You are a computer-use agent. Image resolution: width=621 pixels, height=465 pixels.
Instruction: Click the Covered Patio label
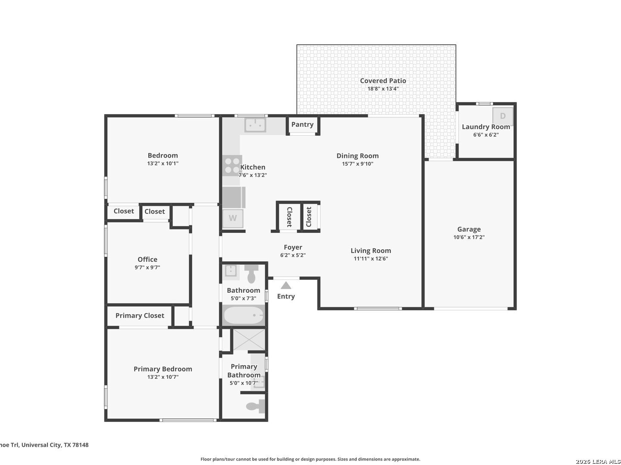click(x=383, y=81)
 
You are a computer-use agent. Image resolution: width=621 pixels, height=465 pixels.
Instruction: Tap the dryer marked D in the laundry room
click(x=502, y=116)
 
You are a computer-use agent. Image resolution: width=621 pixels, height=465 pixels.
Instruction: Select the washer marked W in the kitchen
click(x=233, y=218)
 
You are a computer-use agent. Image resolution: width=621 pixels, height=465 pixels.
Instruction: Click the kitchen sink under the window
click(x=255, y=125)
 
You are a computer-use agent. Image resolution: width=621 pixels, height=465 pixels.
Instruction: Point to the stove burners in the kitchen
click(x=232, y=166)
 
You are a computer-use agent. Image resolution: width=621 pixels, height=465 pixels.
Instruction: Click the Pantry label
click(x=302, y=125)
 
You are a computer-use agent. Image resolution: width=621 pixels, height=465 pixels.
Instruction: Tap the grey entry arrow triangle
click(x=286, y=285)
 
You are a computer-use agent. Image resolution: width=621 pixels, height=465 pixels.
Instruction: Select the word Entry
click(x=286, y=296)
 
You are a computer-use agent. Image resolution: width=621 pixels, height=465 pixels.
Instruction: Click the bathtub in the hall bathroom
click(x=244, y=315)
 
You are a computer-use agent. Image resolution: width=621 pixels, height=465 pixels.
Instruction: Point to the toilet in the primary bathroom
click(x=256, y=406)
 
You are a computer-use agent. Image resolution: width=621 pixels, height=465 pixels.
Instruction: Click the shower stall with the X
click(x=249, y=339)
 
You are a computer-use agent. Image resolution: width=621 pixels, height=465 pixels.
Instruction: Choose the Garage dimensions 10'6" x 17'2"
click(x=469, y=237)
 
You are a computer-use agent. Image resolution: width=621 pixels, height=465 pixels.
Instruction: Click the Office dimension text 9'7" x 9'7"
click(x=147, y=267)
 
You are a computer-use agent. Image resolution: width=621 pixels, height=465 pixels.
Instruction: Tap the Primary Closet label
click(x=140, y=316)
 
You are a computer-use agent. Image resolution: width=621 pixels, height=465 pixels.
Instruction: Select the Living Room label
click(x=371, y=251)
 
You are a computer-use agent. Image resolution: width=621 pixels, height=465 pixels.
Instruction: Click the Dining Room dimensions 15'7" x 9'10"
click(x=358, y=164)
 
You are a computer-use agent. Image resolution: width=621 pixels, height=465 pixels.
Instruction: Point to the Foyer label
click(x=293, y=247)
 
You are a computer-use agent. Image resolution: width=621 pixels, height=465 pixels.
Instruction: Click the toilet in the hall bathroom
click(x=251, y=274)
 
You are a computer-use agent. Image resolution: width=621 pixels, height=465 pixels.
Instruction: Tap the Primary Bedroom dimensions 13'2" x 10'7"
click(x=162, y=377)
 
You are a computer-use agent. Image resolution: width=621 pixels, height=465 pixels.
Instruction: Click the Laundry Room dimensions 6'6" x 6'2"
click(x=486, y=135)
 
